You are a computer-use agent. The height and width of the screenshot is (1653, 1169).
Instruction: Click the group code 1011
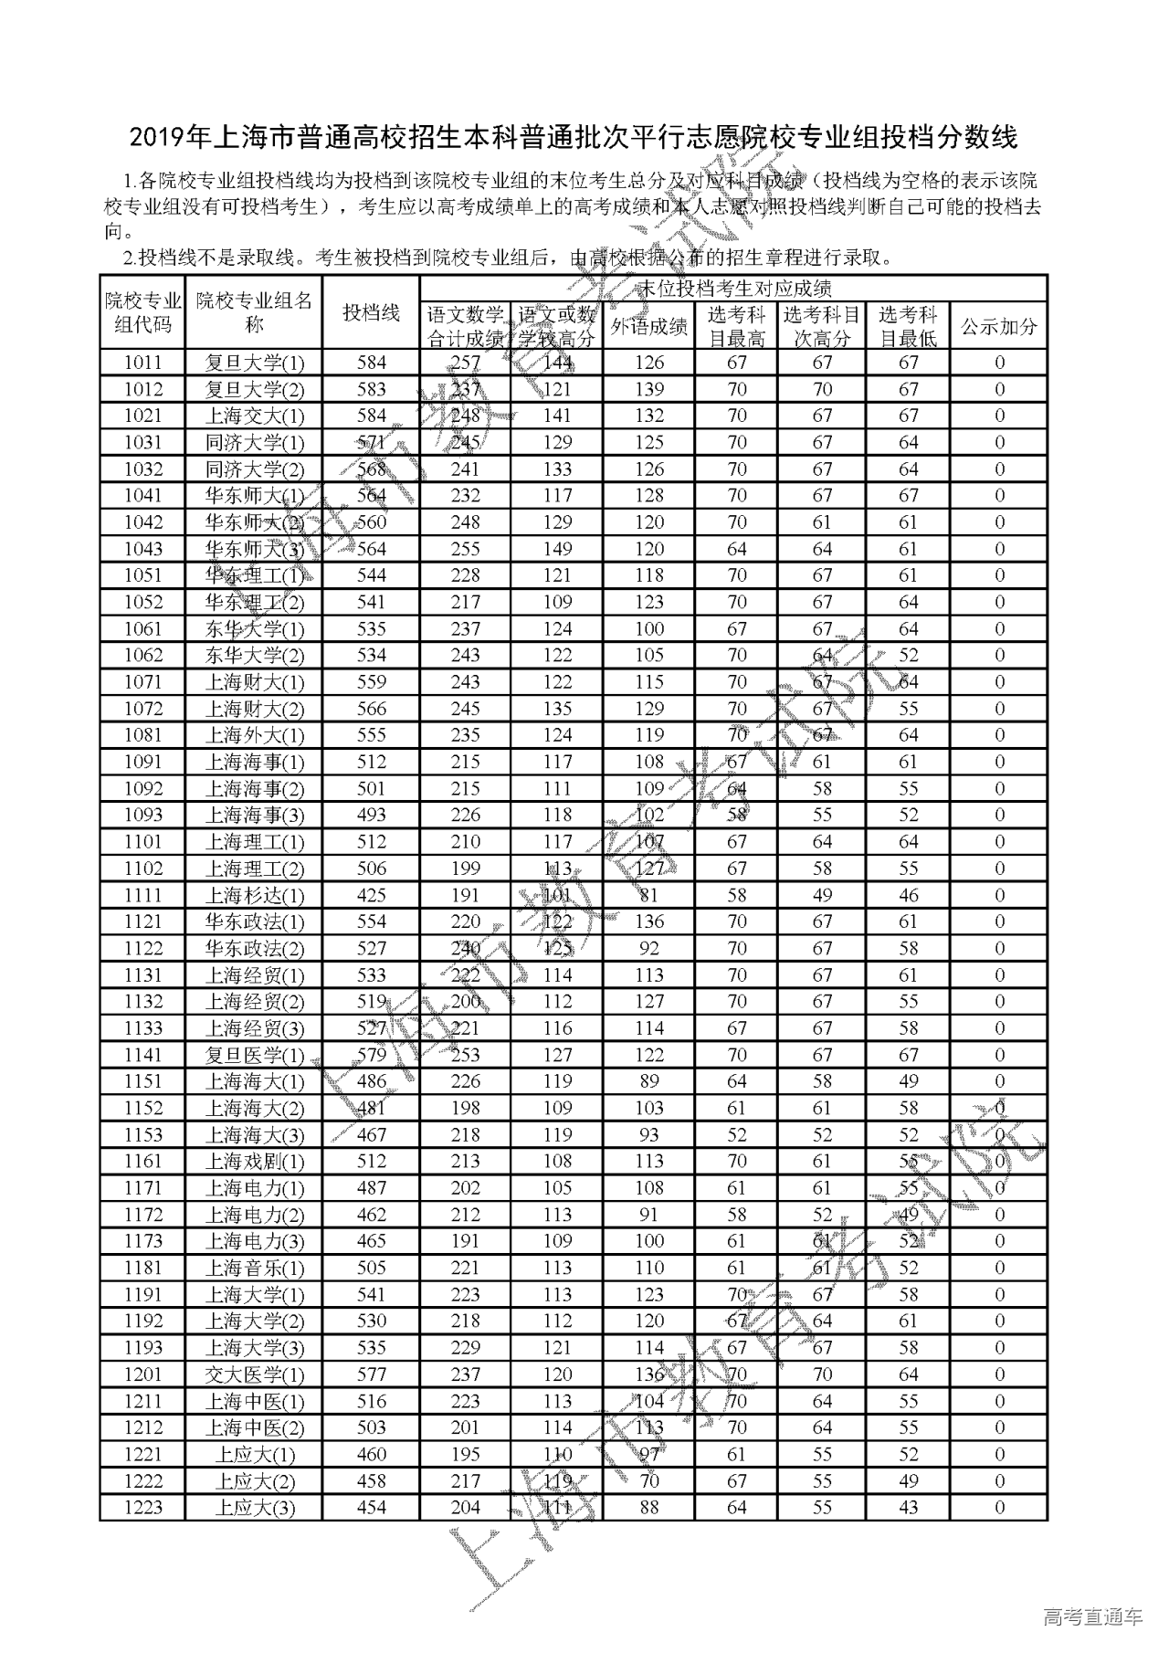[142, 363]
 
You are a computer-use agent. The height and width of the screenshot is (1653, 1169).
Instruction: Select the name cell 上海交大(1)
[254, 416]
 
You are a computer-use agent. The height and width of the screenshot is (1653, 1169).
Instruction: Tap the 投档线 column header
[371, 312]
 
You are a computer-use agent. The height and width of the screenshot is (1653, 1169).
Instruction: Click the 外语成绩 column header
[648, 327]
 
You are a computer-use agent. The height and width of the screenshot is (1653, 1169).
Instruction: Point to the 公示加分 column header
[998, 327]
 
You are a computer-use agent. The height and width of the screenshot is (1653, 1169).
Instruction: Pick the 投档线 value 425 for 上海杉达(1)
[371, 895]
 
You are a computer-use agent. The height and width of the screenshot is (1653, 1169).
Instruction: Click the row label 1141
[142, 1055]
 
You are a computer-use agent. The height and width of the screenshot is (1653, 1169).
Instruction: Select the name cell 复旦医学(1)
[254, 1056]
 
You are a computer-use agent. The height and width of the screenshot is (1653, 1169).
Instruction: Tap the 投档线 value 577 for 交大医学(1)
[371, 1374]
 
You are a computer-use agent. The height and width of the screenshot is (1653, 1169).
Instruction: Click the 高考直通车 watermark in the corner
[1092, 1617]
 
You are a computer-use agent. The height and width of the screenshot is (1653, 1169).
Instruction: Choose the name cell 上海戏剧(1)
[254, 1162]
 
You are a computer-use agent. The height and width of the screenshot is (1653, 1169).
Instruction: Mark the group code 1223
[142, 1508]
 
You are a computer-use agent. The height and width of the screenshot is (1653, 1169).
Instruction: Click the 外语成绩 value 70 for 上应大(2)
[648, 1481]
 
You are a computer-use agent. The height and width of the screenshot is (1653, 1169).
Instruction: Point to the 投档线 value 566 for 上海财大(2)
[371, 709]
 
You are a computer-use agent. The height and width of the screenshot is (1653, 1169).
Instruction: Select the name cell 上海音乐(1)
[254, 1269]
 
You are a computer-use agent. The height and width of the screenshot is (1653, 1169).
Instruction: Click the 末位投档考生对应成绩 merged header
[732, 289]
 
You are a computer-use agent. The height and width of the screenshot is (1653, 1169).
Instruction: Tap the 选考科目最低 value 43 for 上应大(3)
[908, 1508]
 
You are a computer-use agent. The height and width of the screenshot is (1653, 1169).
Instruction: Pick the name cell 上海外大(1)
[254, 735]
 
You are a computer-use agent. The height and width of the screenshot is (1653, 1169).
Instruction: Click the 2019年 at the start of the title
[170, 138]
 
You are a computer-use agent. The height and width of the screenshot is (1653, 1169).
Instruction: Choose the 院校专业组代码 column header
[142, 312]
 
